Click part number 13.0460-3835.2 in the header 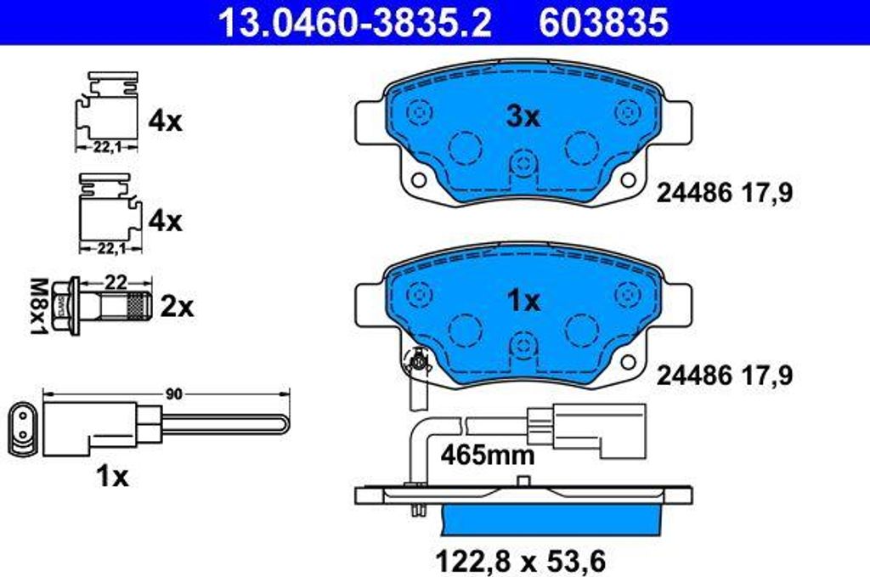(354, 23)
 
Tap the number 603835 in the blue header (604, 23)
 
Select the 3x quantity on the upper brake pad (522, 117)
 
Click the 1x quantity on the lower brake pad (523, 302)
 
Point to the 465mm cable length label (488, 455)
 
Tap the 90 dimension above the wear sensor (174, 394)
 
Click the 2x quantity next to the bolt (177, 307)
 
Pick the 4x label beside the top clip (164, 121)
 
